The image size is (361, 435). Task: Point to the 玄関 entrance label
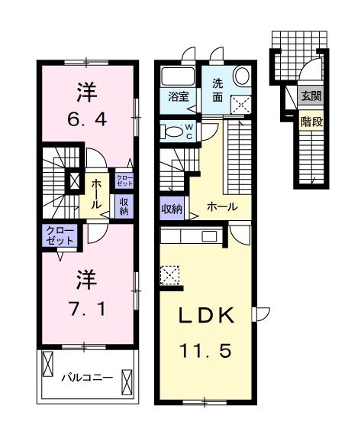pyautogui.click(x=310, y=96)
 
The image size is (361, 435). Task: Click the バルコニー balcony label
pyautogui.click(x=87, y=377)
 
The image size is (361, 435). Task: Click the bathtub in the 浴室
pyautogui.click(x=179, y=76)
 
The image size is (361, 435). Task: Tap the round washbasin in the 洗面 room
pyautogui.click(x=242, y=76)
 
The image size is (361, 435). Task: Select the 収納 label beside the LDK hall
pyautogui.click(x=171, y=208)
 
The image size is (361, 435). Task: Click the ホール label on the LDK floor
pyautogui.click(x=221, y=206)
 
